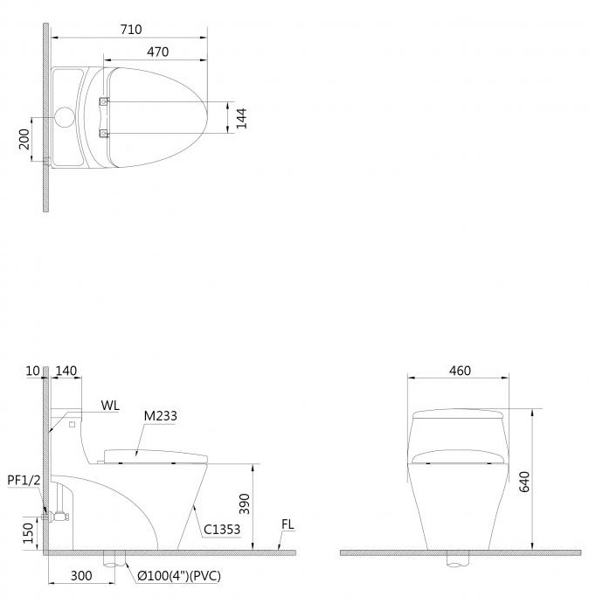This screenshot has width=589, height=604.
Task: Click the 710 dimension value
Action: point(131,29)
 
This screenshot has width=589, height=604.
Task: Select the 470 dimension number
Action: point(157,52)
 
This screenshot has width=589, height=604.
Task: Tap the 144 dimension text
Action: point(241,118)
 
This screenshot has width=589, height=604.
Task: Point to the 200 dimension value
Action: point(24,139)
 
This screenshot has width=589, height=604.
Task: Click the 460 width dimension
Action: point(460,371)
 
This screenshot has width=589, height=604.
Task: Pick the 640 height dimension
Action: point(524,482)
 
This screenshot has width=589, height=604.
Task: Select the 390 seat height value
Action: point(244,503)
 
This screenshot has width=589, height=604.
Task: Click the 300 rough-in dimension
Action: point(81,575)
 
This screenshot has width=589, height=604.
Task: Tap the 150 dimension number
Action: point(28,533)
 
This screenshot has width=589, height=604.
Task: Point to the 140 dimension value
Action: point(66,371)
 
